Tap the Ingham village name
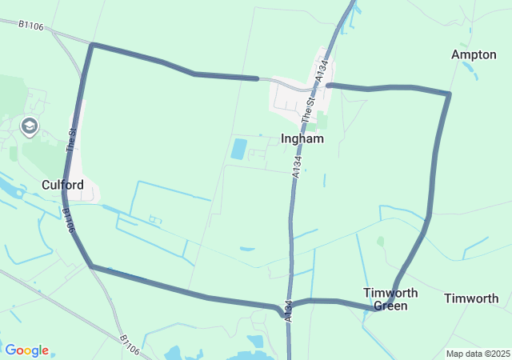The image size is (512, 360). click(302, 138)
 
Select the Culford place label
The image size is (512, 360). click(62, 185)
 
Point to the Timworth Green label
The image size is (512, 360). click(385, 298)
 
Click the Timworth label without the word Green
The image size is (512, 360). click(471, 298)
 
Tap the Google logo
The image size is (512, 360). click(26, 350)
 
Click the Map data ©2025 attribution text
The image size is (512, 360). click(478, 354)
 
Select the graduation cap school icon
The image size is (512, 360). click(30, 126)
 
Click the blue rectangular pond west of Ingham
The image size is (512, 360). click(238, 148)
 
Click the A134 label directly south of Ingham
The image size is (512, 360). click(297, 165)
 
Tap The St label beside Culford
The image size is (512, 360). click(72, 141)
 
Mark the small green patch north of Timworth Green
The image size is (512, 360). click(380, 240)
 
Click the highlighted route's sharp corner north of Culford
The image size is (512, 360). click(93, 45)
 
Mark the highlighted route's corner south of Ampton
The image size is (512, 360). click(449, 94)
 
